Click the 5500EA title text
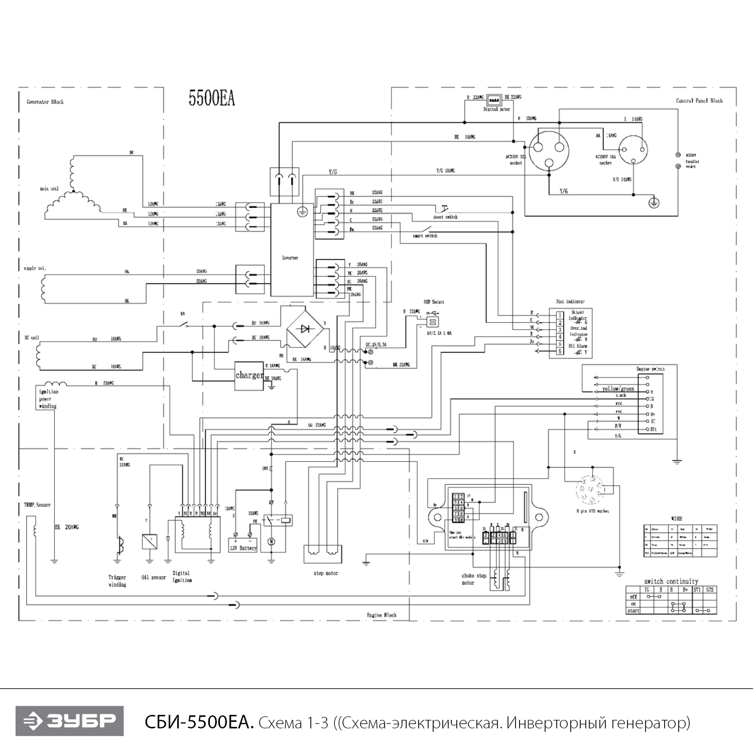pos(211,98)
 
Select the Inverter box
pos(292,249)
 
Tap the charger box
pos(249,375)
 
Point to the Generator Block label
pos(45,102)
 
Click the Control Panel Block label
pos(699,101)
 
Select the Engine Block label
pos(382,615)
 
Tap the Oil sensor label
pos(154,577)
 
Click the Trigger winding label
pos(117,581)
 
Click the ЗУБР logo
pos(69,721)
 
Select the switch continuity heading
pos(671,581)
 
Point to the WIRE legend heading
pos(676,518)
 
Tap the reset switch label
pos(445,217)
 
